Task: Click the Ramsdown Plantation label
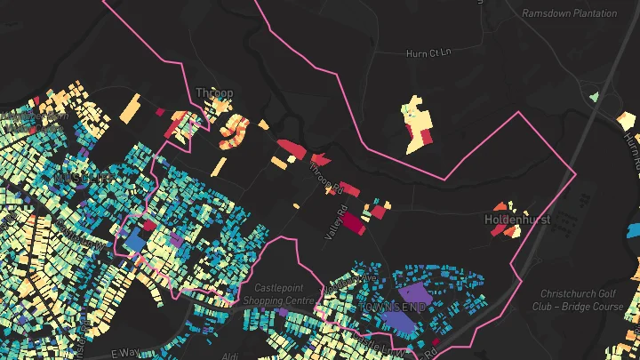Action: pos(569,13)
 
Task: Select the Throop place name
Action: pos(214,92)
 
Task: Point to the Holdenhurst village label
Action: pos(517,219)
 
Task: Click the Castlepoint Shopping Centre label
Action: pos(284,294)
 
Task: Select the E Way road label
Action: pos(127,354)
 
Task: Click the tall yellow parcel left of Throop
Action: pos(130,109)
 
